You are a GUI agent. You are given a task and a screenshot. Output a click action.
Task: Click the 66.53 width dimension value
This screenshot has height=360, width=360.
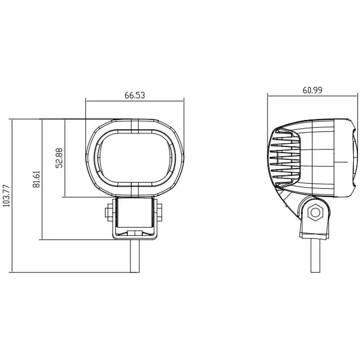[135, 95]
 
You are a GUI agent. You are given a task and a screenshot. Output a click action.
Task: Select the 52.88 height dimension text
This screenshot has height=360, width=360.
[59, 158]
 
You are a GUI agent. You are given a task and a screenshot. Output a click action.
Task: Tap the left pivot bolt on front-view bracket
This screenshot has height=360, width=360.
[109, 211]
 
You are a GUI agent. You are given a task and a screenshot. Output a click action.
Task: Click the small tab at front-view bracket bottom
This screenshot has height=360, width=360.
[135, 233]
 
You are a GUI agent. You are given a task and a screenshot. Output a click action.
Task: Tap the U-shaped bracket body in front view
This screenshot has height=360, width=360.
[135, 216]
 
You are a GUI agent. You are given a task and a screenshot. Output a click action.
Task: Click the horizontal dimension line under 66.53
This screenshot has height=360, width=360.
[135, 100]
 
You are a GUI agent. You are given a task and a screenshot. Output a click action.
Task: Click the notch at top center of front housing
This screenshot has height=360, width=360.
[135, 126]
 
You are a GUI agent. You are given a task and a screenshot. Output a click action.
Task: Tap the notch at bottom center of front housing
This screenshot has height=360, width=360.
[135, 190]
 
